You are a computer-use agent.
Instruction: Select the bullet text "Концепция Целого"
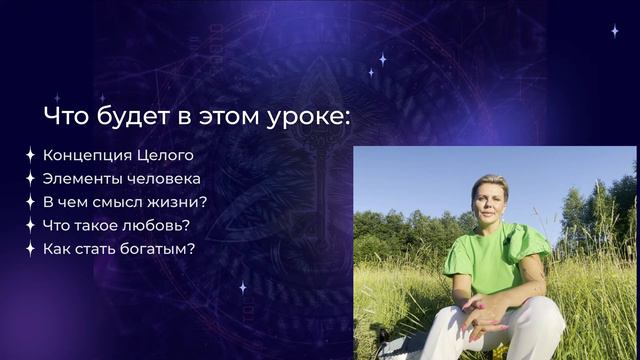tap(118, 156)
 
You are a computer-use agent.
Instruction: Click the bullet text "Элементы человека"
tap(122, 179)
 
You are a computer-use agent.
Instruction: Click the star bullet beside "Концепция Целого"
tap(31, 156)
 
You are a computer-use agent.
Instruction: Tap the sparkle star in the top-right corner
tap(614, 31)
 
